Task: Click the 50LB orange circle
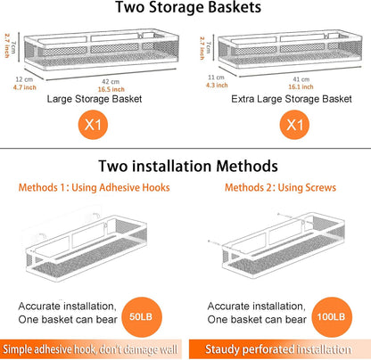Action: (x=142, y=317)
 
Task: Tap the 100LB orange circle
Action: (x=332, y=317)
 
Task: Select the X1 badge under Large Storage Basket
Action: (x=93, y=125)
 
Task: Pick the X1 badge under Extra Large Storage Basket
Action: (x=294, y=125)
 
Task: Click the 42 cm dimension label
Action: (x=111, y=82)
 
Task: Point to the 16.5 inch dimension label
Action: (x=111, y=89)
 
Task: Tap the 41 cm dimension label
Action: (x=301, y=79)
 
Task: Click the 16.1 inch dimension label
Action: (x=301, y=86)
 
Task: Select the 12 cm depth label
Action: (x=24, y=79)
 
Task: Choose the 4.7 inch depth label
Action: (x=25, y=87)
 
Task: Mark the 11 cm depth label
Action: (x=216, y=78)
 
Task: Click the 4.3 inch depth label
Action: (x=217, y=86)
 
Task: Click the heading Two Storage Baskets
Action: (x=188, y=7)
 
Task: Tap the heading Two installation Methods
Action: (x=188, y=166)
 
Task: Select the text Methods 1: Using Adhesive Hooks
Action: (x=94, y=188)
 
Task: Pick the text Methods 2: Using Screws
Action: (x=280, y=188)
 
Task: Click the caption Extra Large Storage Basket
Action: (x=292, y=99)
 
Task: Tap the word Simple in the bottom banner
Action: (x=18, y=349)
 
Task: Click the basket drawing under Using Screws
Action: (x=276, y=246)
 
